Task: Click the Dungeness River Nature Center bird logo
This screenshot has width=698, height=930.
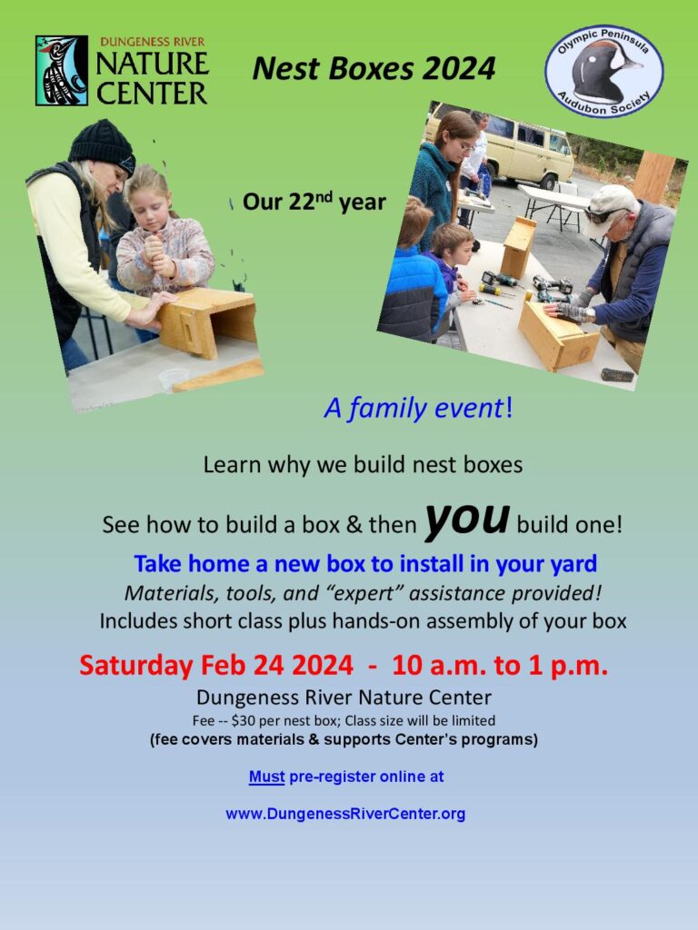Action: (x=62, y=70)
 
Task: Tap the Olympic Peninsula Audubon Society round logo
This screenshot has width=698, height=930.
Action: (x=603, y=71)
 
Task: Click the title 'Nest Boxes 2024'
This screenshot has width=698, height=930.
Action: (x=374, y=68)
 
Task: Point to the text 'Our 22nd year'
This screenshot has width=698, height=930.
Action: (x=314, y=203)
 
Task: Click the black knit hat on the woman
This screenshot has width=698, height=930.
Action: (x=102, y=145)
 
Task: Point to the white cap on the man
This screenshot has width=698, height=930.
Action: (x=613, y=199)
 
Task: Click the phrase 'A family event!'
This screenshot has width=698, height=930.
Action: (x=418, y=409)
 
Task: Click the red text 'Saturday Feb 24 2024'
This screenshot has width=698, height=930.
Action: (x=216, y=665)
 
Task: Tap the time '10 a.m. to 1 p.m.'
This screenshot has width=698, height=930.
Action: (x=500, y=665)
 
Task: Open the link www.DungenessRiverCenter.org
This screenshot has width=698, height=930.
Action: (x=345, y=814)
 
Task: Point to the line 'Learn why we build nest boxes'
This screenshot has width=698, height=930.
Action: (x=363, y=465)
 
